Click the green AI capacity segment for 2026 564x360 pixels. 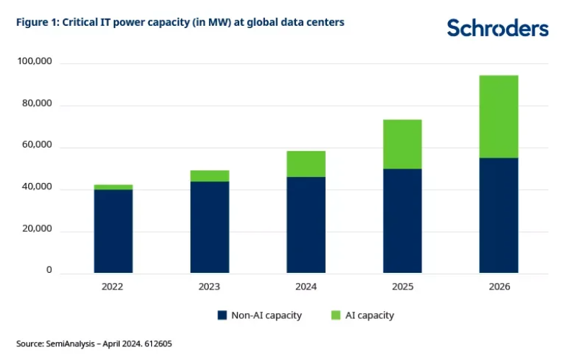coord(498,117)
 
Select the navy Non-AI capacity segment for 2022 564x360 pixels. coord(113,231)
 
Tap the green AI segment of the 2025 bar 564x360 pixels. coord(402,144)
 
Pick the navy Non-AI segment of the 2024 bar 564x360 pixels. coord(305,225)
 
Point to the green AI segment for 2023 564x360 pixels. coord(210,176)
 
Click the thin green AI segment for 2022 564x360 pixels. coord(113,187)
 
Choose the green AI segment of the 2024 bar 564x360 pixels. coord(305,164)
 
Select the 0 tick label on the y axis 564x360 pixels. coord(49,271)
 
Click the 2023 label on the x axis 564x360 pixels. coord(209,287)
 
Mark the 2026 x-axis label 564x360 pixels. coord(498,287)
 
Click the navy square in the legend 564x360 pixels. coord(222,315)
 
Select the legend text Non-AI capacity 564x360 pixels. coord(266,315)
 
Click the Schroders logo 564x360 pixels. coord(497,27)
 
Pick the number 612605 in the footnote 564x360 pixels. coord(157,344)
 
